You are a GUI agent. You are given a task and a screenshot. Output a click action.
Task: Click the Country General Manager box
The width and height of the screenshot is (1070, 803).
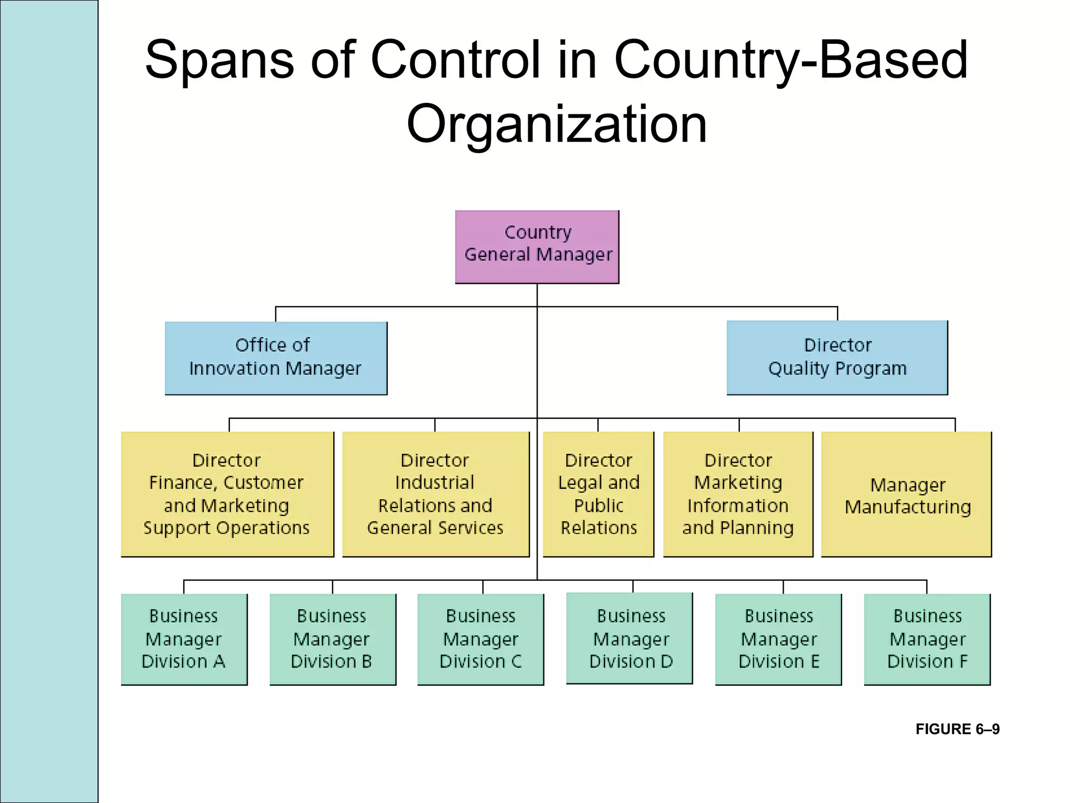pyautogui.click(x=537, y=247)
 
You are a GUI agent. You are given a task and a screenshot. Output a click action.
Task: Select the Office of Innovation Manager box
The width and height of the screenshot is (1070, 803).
pyautogui.click(x=276, y=358)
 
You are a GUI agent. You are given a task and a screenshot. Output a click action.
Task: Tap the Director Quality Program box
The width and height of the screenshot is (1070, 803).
pyautogui.click(x=837, y=358)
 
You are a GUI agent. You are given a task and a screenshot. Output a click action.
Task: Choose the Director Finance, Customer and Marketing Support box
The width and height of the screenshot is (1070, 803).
pyautogui.click(x=227, y=494)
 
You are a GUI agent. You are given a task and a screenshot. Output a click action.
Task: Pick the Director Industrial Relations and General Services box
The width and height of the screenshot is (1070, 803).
pyautogui.click(x=436, y=494)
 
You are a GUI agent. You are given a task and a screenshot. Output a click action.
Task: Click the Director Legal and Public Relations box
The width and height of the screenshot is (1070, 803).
pyautogui.click(x=598, y=494)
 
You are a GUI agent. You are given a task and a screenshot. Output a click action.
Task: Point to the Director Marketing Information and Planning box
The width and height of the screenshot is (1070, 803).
pyautogui.click(x=738, y=494)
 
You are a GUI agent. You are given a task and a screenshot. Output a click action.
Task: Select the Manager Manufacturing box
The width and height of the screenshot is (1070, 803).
pyautogui.click(x=906, y=494)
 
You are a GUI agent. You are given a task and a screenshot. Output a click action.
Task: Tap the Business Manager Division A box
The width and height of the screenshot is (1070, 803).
pyautogui.click(x=184, y=639)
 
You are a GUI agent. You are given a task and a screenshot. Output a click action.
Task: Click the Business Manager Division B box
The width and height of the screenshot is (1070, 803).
pyautogui.click(x=333, y=639)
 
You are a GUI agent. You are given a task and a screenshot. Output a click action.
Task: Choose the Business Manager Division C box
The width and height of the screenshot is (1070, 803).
pyautogui.click(x=481, y=639)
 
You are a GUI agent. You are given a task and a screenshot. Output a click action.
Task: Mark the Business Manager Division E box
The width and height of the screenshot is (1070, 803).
pyautogui.click(x=778, y=639)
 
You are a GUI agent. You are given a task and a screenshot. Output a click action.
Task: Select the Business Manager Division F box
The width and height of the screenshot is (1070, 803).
pyautogui.click(x=927, y=639)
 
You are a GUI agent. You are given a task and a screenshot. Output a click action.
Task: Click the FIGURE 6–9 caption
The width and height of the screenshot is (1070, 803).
pyautogui.click(x=957, y=729)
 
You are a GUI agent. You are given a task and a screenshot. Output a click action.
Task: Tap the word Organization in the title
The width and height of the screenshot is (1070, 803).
pyautogui.click(x=556, y=124)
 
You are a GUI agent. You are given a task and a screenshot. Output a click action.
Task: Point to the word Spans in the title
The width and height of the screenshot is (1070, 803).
pyautogui.click(x=219, y=60)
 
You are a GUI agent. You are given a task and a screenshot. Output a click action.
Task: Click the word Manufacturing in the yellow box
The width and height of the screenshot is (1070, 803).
pyautogui.click(x=908, y=507)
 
